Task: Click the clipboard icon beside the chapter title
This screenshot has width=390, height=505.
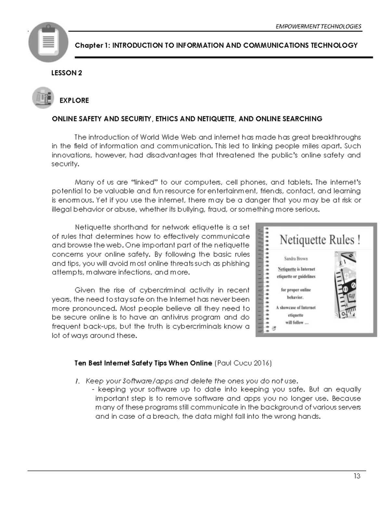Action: click(48, 42)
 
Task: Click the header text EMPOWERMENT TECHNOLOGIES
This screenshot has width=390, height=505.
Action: click(318, 27)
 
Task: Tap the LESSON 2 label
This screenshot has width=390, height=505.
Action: click(67, 73)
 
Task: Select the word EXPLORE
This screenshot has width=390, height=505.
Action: click(74, 100)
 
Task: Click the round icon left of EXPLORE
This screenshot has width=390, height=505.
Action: click(43, 98)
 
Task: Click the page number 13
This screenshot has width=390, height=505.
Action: click(357, 476)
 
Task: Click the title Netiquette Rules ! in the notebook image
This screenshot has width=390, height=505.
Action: click(320, 240)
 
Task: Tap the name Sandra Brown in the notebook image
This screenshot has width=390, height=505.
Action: click(296, 259)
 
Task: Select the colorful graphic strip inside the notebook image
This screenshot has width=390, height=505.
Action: click(345, 285)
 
